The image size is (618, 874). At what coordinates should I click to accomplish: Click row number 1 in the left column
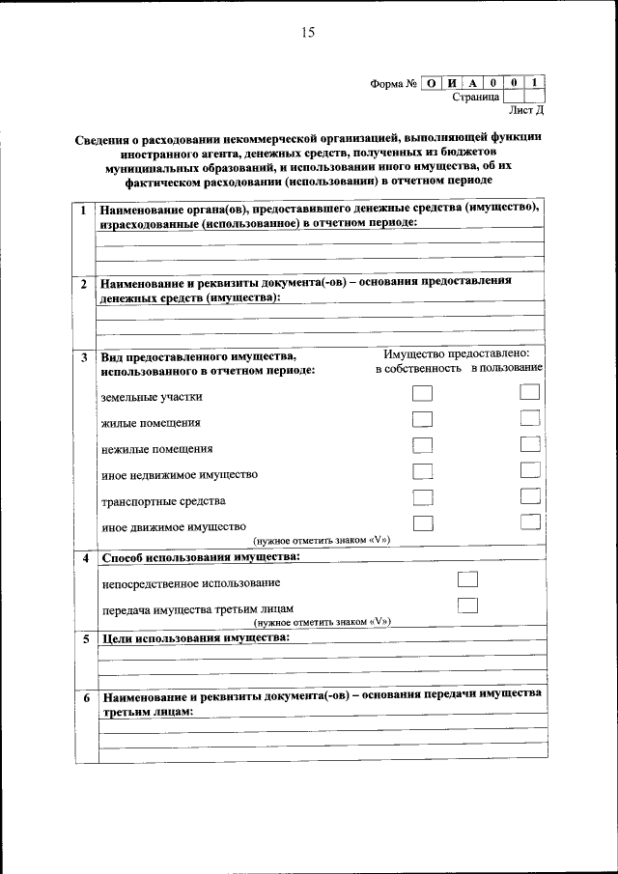tap(84, 210)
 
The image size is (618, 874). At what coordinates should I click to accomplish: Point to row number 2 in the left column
tap(84, 285)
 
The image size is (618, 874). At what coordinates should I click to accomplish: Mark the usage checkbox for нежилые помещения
tap(528, 444)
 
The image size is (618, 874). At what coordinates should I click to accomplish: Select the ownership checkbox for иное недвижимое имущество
tap(422, 471)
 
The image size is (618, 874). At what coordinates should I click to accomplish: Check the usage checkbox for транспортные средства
tap(528, 496)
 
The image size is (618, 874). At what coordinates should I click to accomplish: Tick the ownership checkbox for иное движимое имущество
tap(422, 523)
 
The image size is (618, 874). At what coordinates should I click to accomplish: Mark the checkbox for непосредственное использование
tap(467, 579)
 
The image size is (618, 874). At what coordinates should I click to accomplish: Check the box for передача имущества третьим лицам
tap(467, 606)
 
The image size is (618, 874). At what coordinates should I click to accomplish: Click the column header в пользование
tap(507, 369)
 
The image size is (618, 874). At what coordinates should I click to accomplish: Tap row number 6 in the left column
tap(85, 697)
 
